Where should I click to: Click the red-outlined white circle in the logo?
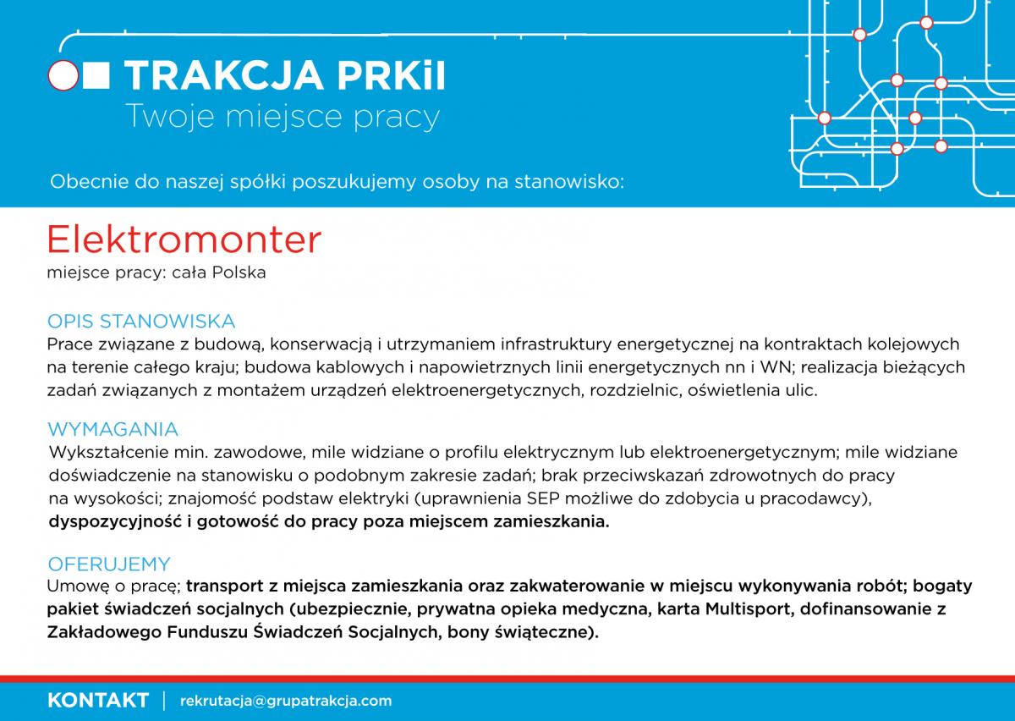click(x=63, y=75)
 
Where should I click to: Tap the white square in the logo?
click(x=96, y=75)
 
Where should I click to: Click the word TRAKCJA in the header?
click(x=224, y=75)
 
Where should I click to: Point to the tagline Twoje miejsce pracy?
click(x=283, y=117)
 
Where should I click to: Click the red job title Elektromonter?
click(x=184, y=239)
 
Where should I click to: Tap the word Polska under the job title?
click(x=239, y=272)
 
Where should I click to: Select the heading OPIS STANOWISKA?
click(x=141, y=321)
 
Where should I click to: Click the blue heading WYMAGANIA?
click(x=112, y=429)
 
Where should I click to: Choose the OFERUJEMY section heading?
click(x=109, y=564)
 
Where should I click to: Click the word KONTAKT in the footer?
click(x=98, y=700)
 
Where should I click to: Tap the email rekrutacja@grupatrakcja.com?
click(x=286, y=701)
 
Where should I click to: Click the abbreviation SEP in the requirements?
click(x=543, y=498)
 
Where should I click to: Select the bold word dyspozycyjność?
click(x=115, y=522)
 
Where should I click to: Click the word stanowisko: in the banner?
click(x=569, y=182)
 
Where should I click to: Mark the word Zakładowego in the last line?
click(x=104, y=632)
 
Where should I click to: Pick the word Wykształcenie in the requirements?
click(x=108, y=452)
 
